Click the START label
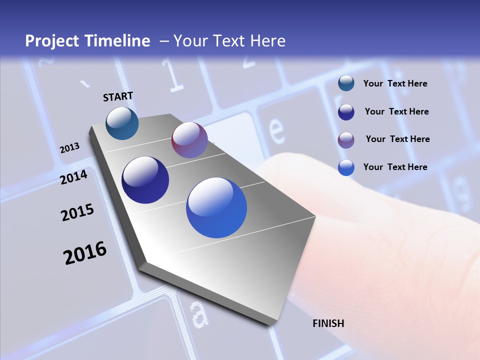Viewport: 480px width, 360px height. (118, 96)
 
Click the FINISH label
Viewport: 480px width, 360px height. (328, 323)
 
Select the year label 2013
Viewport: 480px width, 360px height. (69, 148)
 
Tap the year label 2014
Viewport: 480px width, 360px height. (73, 177)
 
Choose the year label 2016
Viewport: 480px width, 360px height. (85, 253)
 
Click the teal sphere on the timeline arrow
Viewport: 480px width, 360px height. (122, 123)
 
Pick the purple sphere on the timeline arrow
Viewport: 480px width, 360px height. (189, 140)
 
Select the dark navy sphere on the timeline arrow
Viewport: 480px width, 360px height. (145, 180)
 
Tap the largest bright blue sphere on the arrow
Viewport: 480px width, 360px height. (216, 207)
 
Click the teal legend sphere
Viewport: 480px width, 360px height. (346, 83)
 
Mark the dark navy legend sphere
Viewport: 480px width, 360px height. (346, 112)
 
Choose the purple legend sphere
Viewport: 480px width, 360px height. (346, 139)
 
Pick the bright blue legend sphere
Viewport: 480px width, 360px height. (346, 167)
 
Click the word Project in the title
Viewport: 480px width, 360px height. (48, 41)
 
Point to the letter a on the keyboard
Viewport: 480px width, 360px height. (199, 313)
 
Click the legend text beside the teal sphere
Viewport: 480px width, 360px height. (395, 83)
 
